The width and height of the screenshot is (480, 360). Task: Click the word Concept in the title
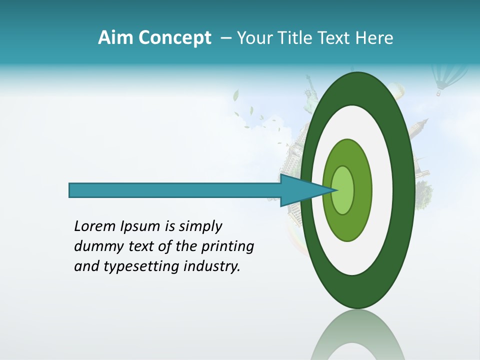(x=174, y=38)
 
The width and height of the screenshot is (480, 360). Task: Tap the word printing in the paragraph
(x=227, y=246)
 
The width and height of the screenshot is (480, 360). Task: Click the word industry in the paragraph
(x=212, y=266)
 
